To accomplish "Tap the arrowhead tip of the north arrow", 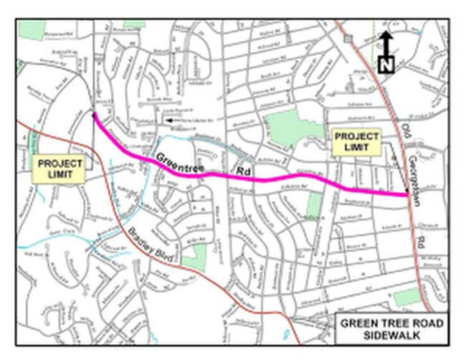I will (386, 33).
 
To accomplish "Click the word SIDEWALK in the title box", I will (392, 335).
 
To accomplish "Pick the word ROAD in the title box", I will (427, 323).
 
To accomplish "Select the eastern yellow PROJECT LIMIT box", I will (356, 141).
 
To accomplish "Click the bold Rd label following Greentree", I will (243, 173).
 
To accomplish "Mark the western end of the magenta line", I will (94, 113).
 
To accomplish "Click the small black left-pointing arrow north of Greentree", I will (168, 120).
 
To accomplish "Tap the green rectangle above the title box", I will (406, 297).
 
